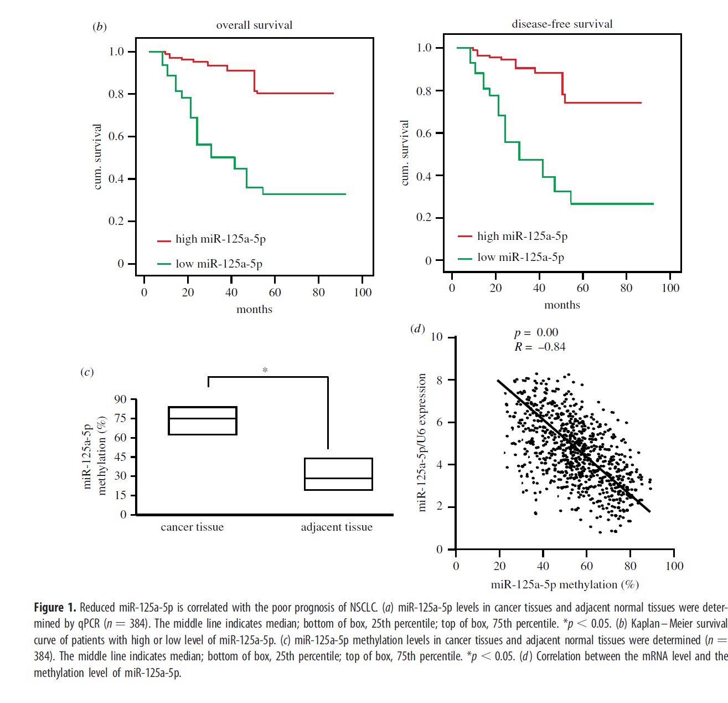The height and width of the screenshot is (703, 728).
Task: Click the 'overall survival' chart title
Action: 254,25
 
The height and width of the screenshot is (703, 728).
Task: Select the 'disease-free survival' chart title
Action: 562,24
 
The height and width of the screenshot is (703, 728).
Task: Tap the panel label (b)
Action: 100,27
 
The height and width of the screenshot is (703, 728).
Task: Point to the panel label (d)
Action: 417,329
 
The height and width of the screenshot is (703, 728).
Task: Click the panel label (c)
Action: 87,372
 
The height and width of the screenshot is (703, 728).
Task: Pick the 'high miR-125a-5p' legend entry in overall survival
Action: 220,239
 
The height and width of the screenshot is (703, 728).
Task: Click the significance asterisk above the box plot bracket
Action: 265,370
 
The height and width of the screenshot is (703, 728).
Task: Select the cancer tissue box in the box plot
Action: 203,420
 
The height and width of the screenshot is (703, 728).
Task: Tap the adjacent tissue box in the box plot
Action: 338,474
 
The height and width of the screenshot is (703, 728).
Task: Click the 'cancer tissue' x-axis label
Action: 192,527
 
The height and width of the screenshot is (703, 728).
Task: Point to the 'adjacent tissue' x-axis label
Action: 337,527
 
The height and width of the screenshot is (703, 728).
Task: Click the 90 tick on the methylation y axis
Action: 121,399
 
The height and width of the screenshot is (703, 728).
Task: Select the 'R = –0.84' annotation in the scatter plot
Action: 540,347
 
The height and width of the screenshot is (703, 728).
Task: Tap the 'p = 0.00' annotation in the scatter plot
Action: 536,332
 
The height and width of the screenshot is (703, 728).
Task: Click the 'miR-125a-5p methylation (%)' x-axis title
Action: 565,584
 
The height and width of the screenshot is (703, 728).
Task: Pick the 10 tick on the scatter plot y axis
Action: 437,337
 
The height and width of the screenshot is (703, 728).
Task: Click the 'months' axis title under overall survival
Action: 254,309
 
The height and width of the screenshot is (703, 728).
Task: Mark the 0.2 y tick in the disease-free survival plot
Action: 424,217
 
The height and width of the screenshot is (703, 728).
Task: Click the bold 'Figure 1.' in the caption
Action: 55,607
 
